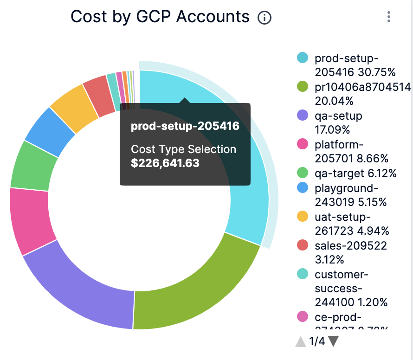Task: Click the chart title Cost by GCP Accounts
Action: pyautogui.click(x=160, y=17)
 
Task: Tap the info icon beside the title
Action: pyautogui.click(x=264, y=18)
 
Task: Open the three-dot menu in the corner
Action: pyautogui.click(x=389, y=17)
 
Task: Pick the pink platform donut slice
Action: pyautogui.click(x=29, y=220)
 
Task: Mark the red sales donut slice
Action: pyautogui.click(x=99, y=95)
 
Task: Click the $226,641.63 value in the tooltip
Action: pyautogui.click(x=165, y=163)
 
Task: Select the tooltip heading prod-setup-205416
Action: pyautogui.click(x=185, y=126)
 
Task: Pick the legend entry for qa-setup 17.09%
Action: pyautogui.click(x=338, y=122)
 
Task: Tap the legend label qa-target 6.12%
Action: pyautogui.click(x=355, y=174)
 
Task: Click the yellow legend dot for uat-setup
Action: pyautogui.click(x=303, y=216)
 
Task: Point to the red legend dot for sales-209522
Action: pyautogui.click(x=303, y=245)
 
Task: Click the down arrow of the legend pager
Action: pyautogui.click(x=333, y=341)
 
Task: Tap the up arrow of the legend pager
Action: pyautogui.click(x=301, y=342)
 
